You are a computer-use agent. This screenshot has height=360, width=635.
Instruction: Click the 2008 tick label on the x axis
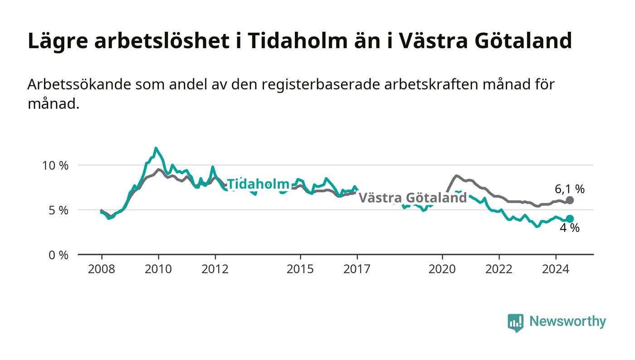pos(102,269)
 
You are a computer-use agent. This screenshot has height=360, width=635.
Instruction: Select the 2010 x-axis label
pos(158,269)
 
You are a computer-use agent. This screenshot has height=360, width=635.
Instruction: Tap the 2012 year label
pos(215,269)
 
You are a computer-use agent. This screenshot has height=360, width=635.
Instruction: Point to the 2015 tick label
pos(300,269)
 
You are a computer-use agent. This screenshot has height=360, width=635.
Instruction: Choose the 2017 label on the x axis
pos(357,269)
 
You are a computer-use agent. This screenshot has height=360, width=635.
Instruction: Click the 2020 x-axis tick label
pos(442,269)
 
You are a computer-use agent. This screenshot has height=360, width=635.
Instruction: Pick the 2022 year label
pos(499,269)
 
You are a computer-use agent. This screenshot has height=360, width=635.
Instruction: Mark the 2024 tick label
pos(556,269)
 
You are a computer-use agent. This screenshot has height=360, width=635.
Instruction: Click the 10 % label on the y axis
pos(55,165)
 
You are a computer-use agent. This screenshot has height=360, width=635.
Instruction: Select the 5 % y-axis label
pos(59,211)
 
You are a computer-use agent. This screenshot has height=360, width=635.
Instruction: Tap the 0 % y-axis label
pos(59,255)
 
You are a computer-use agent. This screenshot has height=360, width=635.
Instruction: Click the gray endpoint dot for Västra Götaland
pos(570,200)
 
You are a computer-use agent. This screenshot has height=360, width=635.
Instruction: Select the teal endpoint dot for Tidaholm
pos(570,219)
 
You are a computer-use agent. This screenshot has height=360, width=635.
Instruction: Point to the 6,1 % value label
pos(570,189)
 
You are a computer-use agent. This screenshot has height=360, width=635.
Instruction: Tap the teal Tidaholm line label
pos(258,184)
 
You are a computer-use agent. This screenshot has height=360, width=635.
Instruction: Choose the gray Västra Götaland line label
pos(413,198)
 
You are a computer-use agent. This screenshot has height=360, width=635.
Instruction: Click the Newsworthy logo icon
pos(515,323)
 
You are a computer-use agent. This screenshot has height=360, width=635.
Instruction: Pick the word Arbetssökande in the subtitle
pos(79,84)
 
